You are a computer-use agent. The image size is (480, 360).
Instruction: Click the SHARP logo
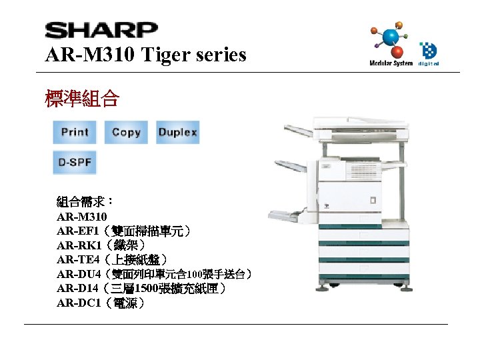101,31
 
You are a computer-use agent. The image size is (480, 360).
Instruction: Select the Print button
75,132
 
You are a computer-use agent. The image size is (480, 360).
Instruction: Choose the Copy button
126,132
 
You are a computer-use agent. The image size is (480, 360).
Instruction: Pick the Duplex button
177,132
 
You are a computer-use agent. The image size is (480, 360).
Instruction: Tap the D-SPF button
75,162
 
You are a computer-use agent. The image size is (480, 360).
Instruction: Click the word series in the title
219,55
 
